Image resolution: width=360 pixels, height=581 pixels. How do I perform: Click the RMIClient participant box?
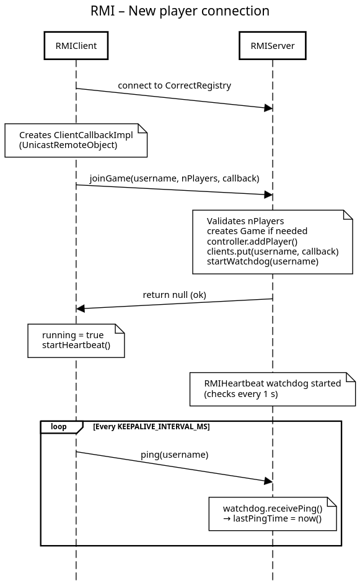click(76, 46)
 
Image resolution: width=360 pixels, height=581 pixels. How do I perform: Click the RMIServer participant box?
click(273, 46)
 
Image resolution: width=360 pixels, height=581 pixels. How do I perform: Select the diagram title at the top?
click(180, 11)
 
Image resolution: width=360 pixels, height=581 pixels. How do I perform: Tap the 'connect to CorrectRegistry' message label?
click(174, 85)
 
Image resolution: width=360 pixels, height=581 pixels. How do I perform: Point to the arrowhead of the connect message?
click(268, 108)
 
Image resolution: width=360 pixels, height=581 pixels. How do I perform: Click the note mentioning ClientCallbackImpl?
click(76, 141)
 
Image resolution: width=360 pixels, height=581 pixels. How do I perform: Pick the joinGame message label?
click(174, 178)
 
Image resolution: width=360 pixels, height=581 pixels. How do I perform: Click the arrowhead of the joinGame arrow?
click(268, 194)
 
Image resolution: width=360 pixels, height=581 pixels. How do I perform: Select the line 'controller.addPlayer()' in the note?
click(252, 242)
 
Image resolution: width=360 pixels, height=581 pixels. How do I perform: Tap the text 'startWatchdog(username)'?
click(263, 261)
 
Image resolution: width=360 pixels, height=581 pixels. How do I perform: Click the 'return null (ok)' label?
click(174, 295)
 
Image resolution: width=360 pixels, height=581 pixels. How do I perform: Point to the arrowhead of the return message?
click(81, 308)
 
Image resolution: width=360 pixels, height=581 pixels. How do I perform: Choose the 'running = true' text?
click(72, 335)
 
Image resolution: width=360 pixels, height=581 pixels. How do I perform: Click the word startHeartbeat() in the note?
click(76, 346)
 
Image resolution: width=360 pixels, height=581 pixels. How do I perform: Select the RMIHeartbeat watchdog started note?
click(273, 389)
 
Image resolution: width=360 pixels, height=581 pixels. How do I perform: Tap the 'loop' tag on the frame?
click(59, 427)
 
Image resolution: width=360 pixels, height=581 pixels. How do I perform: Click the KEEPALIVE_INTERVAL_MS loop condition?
click(151, 427)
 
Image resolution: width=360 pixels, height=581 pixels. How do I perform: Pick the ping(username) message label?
click(174, 455)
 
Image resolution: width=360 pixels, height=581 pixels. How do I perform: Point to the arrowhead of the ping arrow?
click(268, 481)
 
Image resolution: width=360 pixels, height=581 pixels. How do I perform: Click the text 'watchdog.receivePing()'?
click(273, 509)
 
